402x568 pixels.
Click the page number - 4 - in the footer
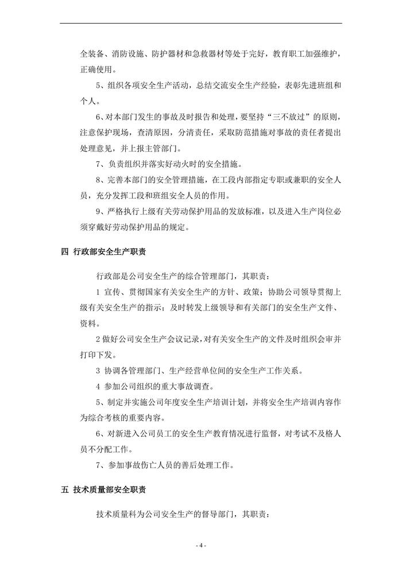coord(201,544)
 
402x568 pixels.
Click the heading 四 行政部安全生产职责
coord(107,251)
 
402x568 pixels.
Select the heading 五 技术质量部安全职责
coord(107,490)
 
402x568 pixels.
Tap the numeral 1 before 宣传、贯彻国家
coord(99,292)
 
